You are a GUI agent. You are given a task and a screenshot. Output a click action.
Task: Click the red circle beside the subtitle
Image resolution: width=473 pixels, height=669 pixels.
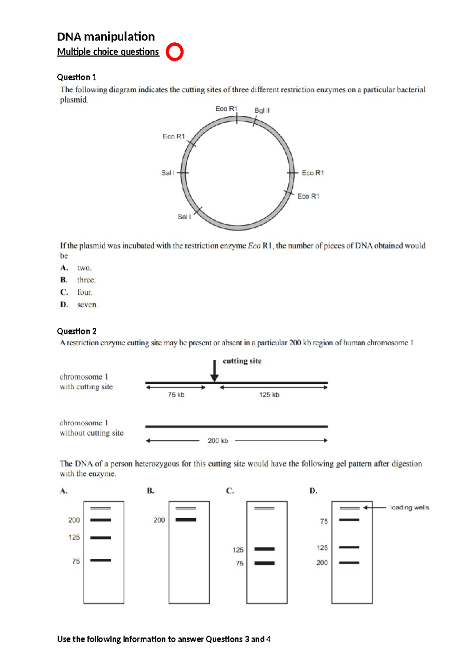(175, 52)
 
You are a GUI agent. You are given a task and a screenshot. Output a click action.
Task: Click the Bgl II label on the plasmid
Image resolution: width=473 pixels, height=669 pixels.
(262, 110)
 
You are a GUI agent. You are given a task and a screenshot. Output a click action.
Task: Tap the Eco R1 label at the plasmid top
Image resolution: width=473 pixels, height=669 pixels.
(226, 108)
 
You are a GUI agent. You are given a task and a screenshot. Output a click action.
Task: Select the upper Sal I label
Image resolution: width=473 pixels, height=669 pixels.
(168, 173)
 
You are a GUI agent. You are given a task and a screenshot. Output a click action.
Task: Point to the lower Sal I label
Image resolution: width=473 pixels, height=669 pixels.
(184, 217)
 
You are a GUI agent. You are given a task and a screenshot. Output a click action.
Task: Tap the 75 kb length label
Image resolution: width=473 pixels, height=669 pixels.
(176, 395)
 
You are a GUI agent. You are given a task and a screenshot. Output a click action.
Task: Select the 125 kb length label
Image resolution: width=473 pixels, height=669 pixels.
(269, 395)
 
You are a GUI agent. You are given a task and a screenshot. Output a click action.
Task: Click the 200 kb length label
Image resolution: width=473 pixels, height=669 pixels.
(218, 441)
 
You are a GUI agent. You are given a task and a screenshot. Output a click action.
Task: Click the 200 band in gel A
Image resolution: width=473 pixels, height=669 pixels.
(101, 520)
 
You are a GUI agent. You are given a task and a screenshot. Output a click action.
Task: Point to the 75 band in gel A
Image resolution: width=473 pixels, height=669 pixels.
(101, 561)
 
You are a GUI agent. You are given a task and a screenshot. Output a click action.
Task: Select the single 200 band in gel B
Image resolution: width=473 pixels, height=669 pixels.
(186, 520)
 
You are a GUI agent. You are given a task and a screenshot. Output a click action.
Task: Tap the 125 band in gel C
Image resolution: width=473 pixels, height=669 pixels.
(264, 549)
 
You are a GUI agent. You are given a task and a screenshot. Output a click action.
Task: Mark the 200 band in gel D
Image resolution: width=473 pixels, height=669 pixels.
(349, 563)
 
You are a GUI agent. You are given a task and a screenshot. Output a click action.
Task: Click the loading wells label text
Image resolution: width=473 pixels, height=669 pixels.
(409, 507)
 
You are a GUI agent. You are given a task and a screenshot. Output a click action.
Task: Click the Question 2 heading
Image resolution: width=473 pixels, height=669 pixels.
(77, 331)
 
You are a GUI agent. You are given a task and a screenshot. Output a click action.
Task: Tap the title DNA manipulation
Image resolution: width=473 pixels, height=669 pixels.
(106, 37)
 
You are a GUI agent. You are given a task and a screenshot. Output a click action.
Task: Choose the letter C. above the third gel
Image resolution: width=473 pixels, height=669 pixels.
(230, 491)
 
